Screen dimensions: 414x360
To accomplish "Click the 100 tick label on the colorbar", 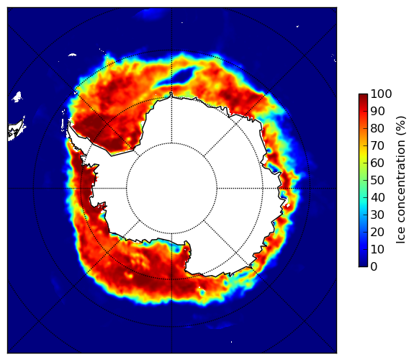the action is [382, 94].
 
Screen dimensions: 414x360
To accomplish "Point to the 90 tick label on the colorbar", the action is [377, 111].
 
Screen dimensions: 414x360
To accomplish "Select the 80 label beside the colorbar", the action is [377, 128].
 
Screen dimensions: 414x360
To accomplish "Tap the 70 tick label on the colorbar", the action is [377, 145].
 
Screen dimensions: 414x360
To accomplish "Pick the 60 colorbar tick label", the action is [377, 163].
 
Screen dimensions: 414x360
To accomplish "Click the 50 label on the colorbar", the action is [377, 180].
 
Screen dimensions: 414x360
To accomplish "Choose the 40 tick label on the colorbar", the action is [377, 197].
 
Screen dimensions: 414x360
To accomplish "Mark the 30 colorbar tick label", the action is [377, 215].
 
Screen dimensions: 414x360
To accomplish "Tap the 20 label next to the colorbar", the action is [377, 232].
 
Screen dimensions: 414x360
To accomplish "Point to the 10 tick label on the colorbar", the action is [377, 249].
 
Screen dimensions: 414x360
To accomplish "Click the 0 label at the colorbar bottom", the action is [374, 267].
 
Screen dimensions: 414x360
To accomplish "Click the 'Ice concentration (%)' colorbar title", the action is [401, 180].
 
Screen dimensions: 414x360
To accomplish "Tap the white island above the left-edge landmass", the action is [17, 96].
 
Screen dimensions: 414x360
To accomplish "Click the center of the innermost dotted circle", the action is [171, 189].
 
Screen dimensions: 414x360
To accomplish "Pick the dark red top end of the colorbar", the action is [363, 96].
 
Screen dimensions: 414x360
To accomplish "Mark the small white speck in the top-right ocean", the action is [297, 26].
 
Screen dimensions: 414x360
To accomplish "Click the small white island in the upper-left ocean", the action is [72, 55].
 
